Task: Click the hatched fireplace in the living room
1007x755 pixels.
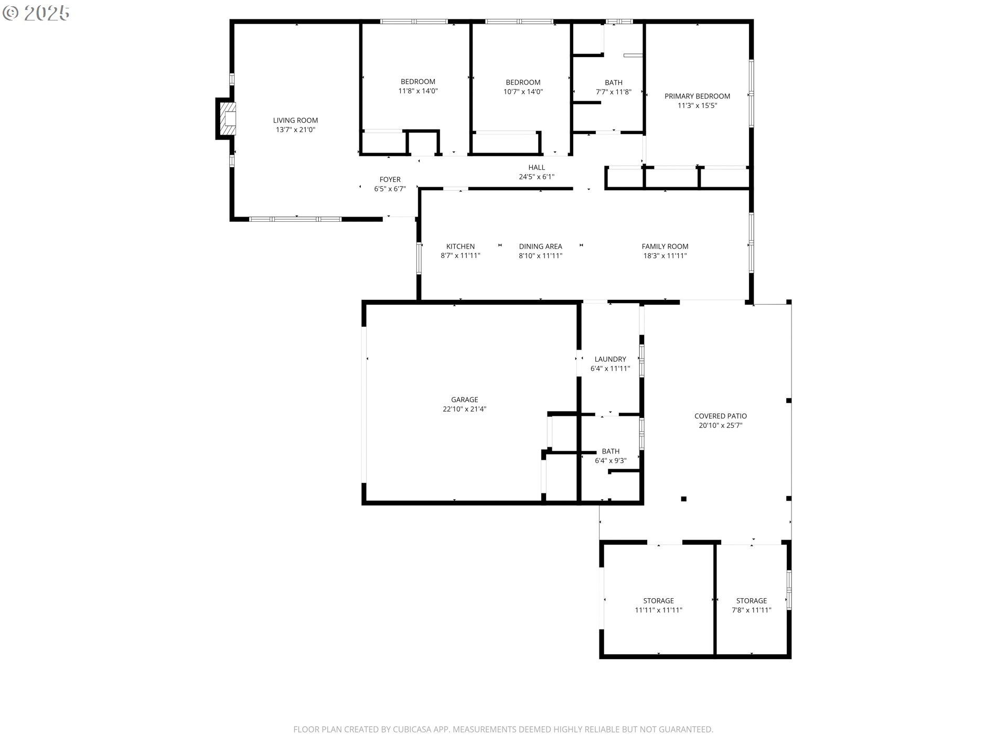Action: pyautogui.click(x=229, y=118)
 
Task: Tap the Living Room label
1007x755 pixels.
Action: pyautogui.click(x=295, y=121)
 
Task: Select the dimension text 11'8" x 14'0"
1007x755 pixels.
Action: pyautogui.click(x=418, y=91)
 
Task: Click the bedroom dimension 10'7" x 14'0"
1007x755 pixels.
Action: pyautogui.click(x=523, y=92)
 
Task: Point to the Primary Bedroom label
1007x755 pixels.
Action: pyautogui.click(x=697, y=96)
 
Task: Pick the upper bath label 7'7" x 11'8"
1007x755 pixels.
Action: pyautogui.click(x=613, y=92)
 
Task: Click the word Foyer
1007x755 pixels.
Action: pyautogui.click(x=390, y=180)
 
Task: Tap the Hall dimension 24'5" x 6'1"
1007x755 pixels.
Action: pyautogui.click(x=536, y=177)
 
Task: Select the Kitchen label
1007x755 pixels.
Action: pyautogui.click(x=460, y=246)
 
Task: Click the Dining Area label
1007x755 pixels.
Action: pyautogui.click(x=540, y=246)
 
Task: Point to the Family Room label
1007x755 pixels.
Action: pyautogui.click(x=665, y=246)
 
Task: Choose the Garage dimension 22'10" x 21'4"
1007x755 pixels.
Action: pyautogui.click(x=464, y=409)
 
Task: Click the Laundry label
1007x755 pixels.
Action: pyautogui.click(x=610, y=359)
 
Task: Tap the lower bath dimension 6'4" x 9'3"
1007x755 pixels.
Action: pyautogui.click(x=610, y=461)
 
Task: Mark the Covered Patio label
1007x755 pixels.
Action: pyautogui.click(x=720, y=416)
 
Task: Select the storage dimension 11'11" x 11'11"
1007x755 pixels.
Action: pyautogui.click(x=658, y=610)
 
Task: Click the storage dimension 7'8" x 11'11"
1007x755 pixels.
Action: pyautogui.click(x=751, y=610)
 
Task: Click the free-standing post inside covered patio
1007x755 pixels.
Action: pyautogui.click(x=683, y=499)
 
